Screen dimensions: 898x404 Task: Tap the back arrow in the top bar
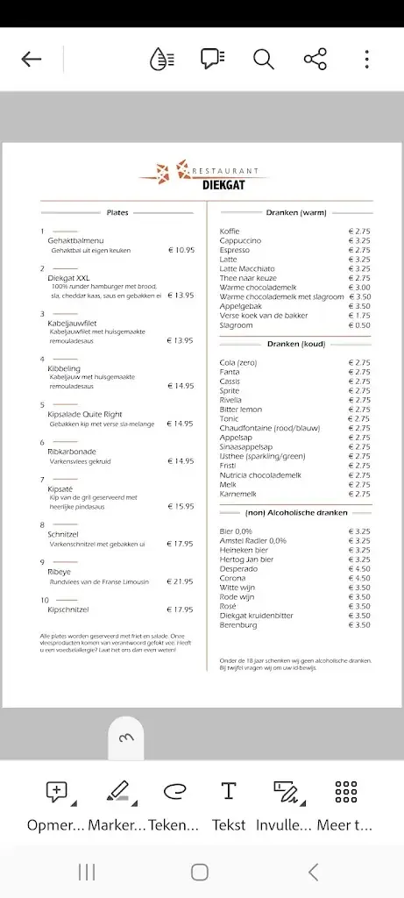coord(32,59)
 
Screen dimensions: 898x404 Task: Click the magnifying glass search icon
coord(263,59)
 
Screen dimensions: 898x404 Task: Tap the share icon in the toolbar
coord(315,59)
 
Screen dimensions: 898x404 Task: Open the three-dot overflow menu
coord(366,59)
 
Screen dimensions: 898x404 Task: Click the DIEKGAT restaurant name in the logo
coord(223,184)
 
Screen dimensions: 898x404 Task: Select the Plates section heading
coord(117,212)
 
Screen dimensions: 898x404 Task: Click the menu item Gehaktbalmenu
coord(75,240)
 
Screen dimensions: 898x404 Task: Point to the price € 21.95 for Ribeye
coord(181,581)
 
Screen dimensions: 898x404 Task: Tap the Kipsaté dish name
coord(60,488)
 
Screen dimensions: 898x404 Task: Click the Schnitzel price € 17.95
coord(181,544)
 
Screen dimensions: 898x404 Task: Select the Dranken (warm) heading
coord(296,212)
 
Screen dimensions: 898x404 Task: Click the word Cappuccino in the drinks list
coord(239,240)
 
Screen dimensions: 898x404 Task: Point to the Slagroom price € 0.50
coord(359,325)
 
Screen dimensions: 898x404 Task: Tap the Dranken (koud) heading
coord(296,344)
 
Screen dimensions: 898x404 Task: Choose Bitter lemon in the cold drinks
coord(240,410)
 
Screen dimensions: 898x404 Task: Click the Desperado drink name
coord(238,568)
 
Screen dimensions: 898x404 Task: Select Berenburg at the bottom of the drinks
coord(238,624)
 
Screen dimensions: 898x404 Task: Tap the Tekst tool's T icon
coord(229,791)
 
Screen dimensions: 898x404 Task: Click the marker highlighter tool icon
coord(117,791)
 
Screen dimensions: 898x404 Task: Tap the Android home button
coord(200,872)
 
